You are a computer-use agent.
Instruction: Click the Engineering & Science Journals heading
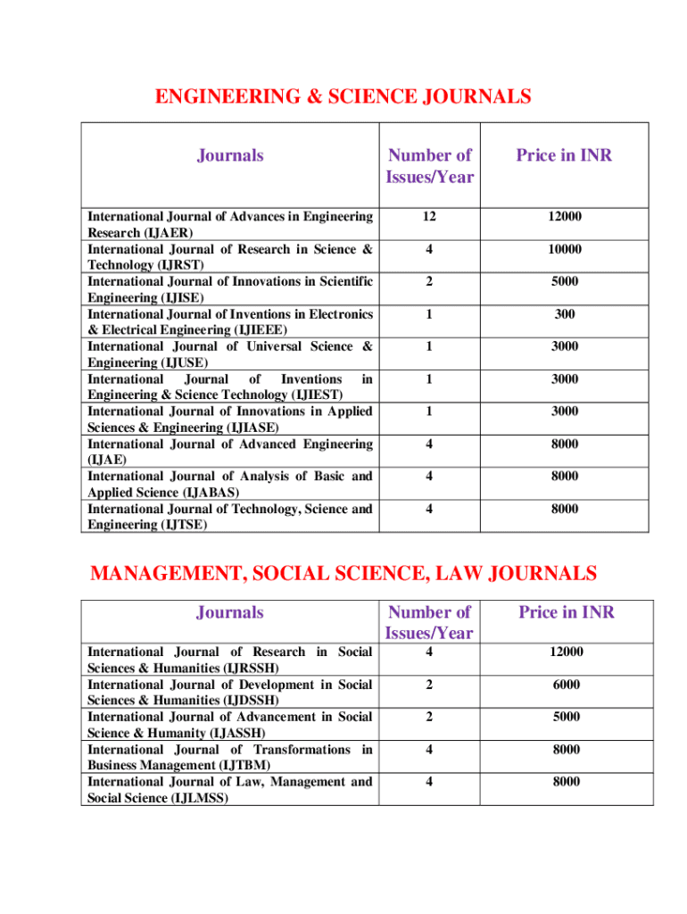point(343,96)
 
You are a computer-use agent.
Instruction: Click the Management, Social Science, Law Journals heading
point(343,572)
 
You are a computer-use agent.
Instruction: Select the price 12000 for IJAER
point(565,217)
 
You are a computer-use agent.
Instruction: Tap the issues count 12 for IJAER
point(429,217)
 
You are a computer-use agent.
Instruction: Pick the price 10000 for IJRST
point(565,249)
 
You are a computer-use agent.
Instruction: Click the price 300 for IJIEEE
point(565,314)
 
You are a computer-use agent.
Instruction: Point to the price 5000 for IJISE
point(565,282)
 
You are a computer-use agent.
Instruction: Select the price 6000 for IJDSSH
point(565,685)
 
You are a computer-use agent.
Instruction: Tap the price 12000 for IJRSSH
point(565,652)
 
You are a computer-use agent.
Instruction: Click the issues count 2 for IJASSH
point(429,717)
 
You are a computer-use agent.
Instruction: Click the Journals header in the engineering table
point(230,155)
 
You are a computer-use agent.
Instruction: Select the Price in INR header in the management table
point(567,612)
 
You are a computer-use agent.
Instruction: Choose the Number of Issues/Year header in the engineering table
point(429,166)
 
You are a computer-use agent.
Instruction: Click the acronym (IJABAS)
point(220,493)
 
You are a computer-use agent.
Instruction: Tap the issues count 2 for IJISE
point(429,282)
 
